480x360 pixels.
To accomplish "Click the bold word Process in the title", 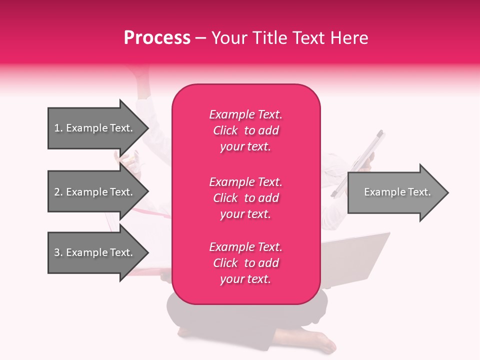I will (x=157, y=38).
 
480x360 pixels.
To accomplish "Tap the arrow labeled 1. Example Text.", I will (x=95, y=128).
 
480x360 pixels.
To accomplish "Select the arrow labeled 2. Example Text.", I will (x=95, y=192).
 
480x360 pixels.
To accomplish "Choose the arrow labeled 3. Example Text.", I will (x=95, y=252).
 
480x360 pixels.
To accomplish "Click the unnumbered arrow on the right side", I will (x=395, y=192).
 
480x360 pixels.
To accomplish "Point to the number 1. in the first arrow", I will (x=58, y=128).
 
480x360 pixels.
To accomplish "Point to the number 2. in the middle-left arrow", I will (x=58, y=192).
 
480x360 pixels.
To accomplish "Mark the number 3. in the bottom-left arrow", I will (x=58, y=252).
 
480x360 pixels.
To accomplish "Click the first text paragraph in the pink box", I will (x=245, y=130).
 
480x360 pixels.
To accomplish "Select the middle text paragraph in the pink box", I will (x=245, y=198).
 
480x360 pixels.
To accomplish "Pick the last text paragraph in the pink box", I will (x=245, y=263).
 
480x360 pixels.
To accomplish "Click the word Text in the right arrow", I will (x=419, y=192).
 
